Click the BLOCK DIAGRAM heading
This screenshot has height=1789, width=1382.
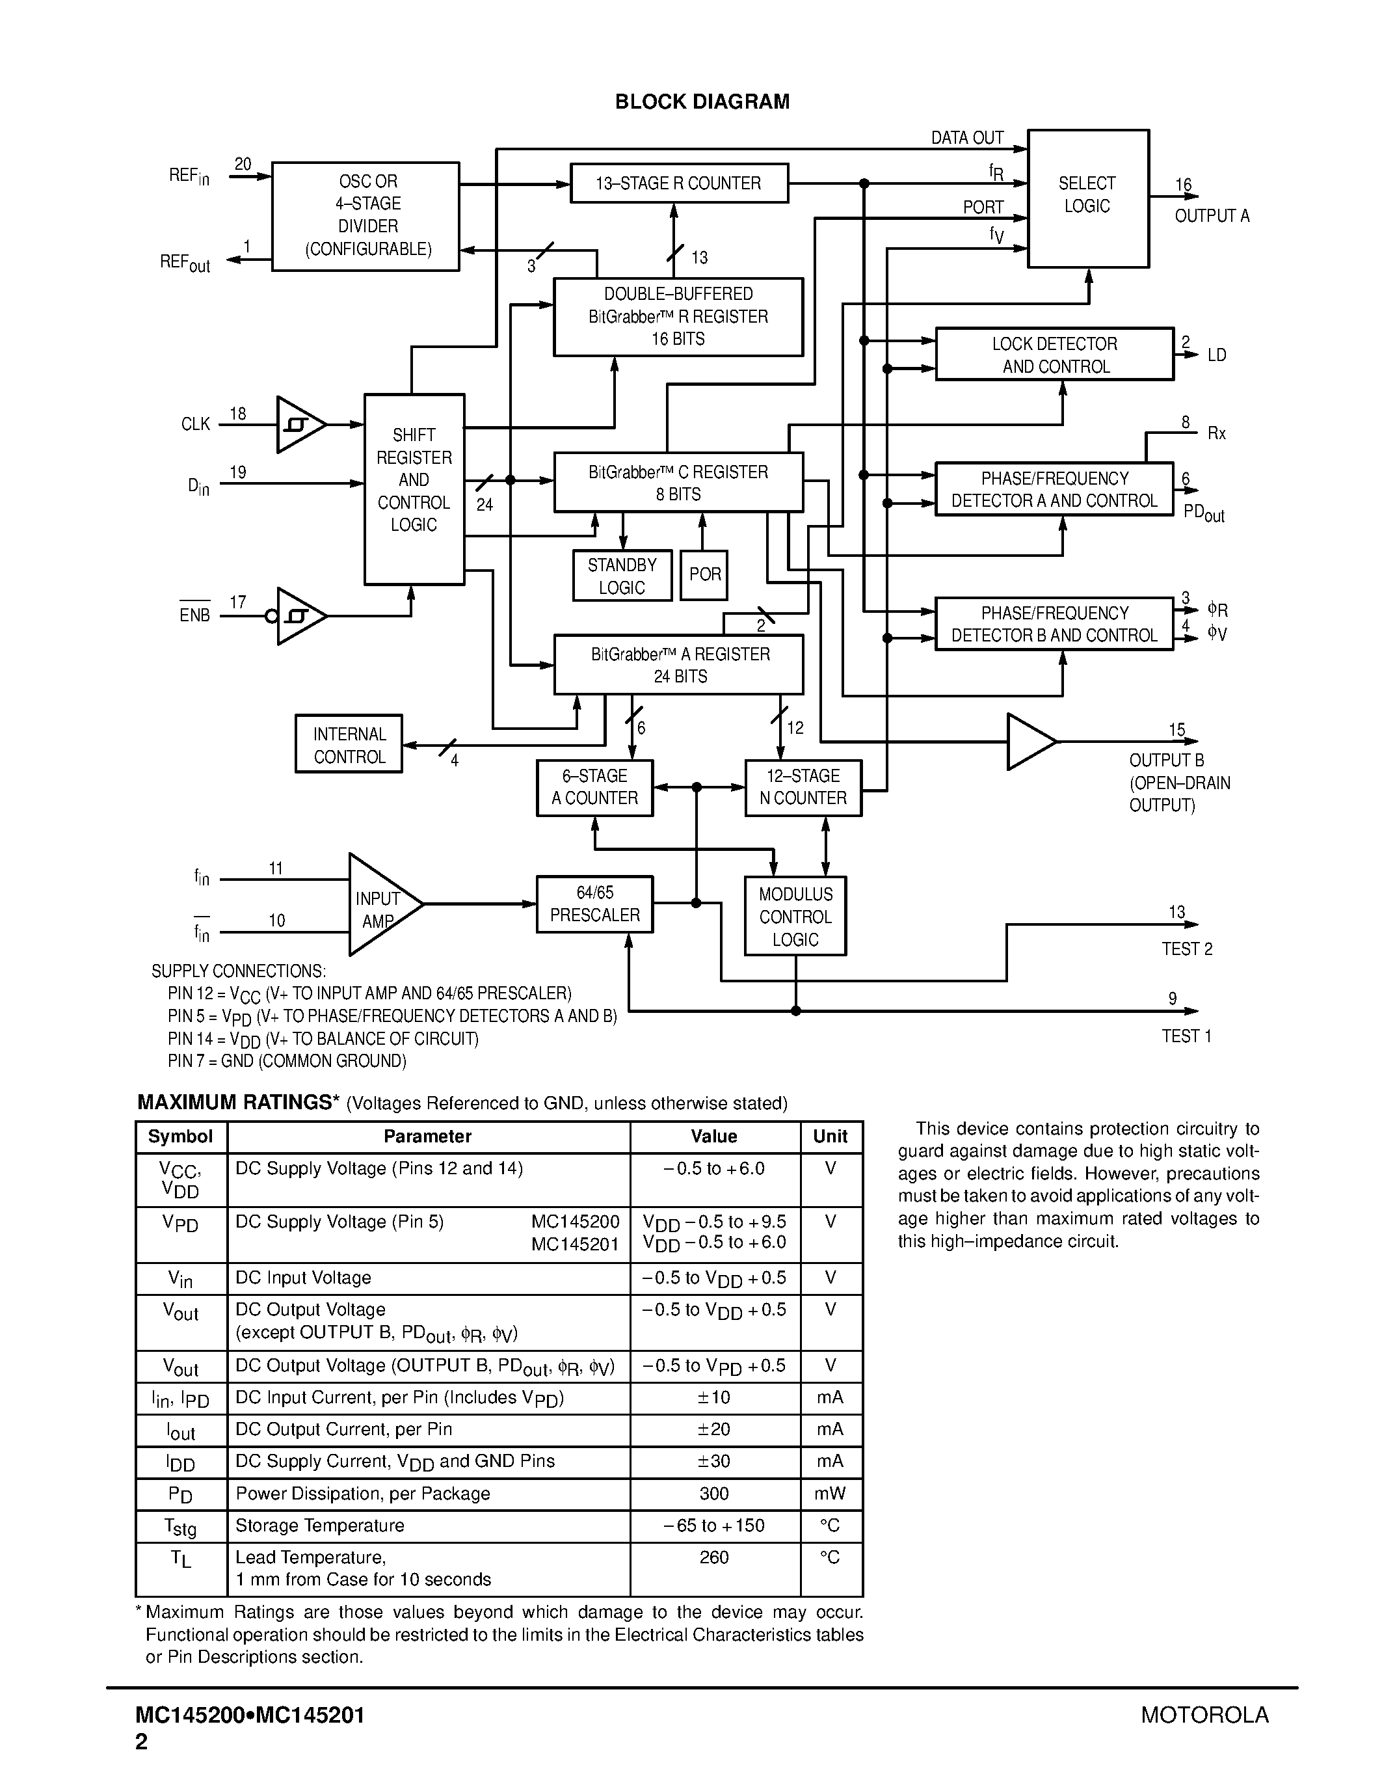(x=702, y=101)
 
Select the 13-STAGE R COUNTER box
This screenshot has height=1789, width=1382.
(x=679, y=183)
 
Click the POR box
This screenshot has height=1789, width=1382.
(x=704, y=574)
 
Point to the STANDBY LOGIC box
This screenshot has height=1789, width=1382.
(x=622, y=576)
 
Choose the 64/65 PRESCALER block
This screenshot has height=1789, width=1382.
(x=594, y=904)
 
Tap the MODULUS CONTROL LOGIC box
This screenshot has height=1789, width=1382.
(x=795, y=917)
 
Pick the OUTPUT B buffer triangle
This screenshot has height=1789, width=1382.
(x=1028, y=742)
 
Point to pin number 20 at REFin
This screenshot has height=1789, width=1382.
(x=243, y=164)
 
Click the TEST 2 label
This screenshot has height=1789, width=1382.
(x=1186, y=948)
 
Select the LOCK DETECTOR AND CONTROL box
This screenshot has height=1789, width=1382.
(x=1054, y=355)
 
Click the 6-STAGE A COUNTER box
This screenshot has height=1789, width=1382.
(x=594, y=788)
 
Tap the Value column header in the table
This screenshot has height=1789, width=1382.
(x=714, y=1136)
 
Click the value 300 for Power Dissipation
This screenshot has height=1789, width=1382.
(x=714, y=1493)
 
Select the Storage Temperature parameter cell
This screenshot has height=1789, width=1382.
(x=320, y=1526)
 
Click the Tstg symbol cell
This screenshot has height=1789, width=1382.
(x=180, y=1527)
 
